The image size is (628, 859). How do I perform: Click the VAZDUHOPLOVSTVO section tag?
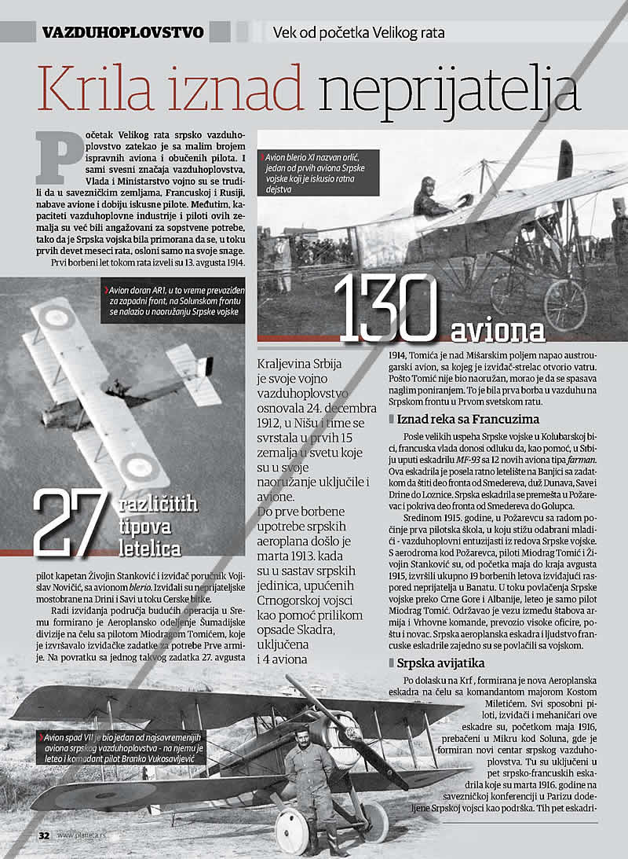123,32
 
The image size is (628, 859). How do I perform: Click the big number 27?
68,522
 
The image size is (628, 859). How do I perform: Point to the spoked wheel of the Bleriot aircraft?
564,303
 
